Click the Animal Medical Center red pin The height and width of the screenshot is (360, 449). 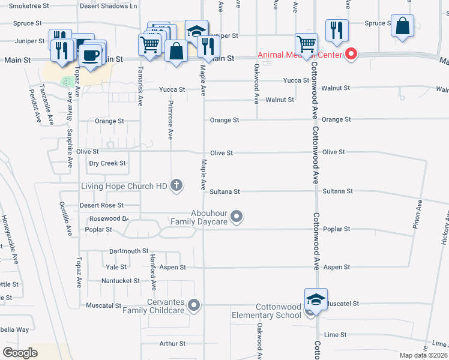pyautogui.click(x=351, y=55)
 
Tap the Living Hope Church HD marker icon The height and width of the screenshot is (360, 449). pyautogui.click(x=176, y=185)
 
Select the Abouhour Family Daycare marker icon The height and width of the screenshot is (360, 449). pyautogui.click(x=237, y=216)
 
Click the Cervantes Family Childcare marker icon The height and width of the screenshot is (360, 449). pyautogui.click(x=193, y=306)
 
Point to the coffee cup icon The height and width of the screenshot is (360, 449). pyautogui.click(x=91, y=56)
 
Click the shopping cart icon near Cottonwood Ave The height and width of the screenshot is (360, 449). pyautogui.click(x=306, y=43)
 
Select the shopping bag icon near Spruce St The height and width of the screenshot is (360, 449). pyautogui.click(x=403, y=26)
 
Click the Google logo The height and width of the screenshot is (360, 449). pyautogui.click(x=20, y=353)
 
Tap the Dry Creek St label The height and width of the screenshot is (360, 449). pyautogui.click(x=107, y=163)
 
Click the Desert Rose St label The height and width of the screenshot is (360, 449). pyautogui.click(x=101, y=205)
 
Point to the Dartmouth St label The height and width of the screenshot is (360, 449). pyautogui.click(x=128, y=251)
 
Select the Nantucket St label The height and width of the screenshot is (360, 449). pyautogui.click(x=120, y=280)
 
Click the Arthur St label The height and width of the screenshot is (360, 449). pyautogui.click(x=172, y=344)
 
